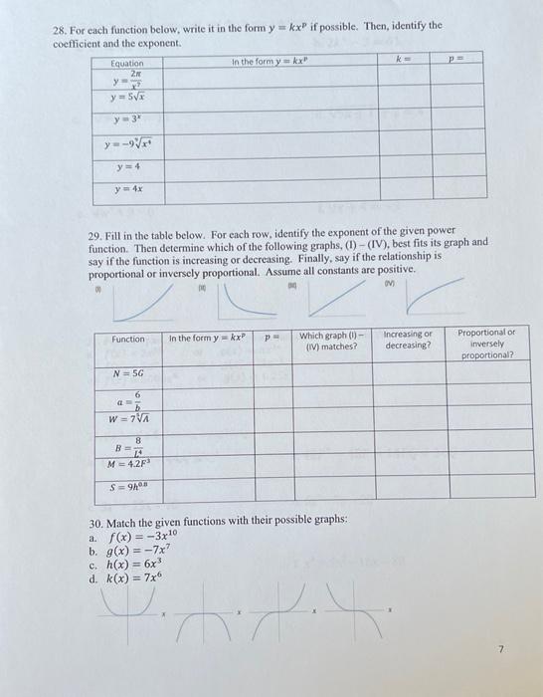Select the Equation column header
pyautogui.click(x=128, y=63)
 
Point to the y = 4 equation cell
pyautogui.click(x=128, y=167)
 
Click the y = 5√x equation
pyautogui.click(x=128, y=97)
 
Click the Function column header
pyautogui.click(x=127, y=339)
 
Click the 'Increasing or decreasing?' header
pyautogui.click(x=408, y=340)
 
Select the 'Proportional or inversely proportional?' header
pyautogui.click(x=487, y=344)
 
